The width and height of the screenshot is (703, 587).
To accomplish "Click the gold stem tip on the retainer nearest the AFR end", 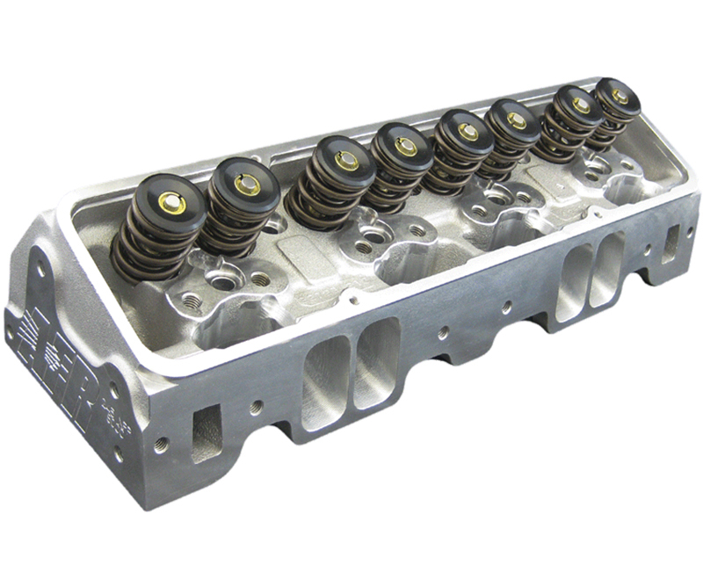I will (172, 203).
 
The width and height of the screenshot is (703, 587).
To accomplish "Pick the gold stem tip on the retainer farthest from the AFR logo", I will (620, 96).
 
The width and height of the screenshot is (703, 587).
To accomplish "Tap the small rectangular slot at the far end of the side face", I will (671, 243).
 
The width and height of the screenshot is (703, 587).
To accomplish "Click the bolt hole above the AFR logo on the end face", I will (40, 265).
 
